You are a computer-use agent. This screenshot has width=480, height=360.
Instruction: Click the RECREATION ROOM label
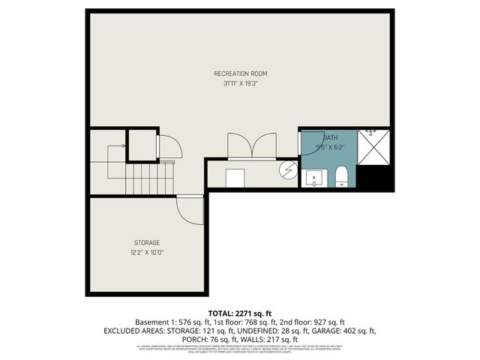pyautogui.click(x=240, y=73)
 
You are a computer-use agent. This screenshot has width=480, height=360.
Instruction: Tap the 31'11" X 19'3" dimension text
pyautogui.click(x=240, y=83)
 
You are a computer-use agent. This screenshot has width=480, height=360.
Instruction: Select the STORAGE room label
pyautogui.click(x=147, y=242)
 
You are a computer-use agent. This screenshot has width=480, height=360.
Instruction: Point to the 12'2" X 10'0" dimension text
pyautogui.click(x=147, y=252)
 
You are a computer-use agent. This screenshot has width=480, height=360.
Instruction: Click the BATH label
pyautogui.click(x=331, y=138)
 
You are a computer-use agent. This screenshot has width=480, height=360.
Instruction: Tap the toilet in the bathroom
pyautogui.click(x=342, y=177)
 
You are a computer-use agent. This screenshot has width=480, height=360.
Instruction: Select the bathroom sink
pyautogui.click(x=314, y=178)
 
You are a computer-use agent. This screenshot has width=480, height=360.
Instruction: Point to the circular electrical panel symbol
pyautogui.click(x=287, y=170)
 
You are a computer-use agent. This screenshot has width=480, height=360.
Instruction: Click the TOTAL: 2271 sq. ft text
pyautogui.click(x=240, y=313)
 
